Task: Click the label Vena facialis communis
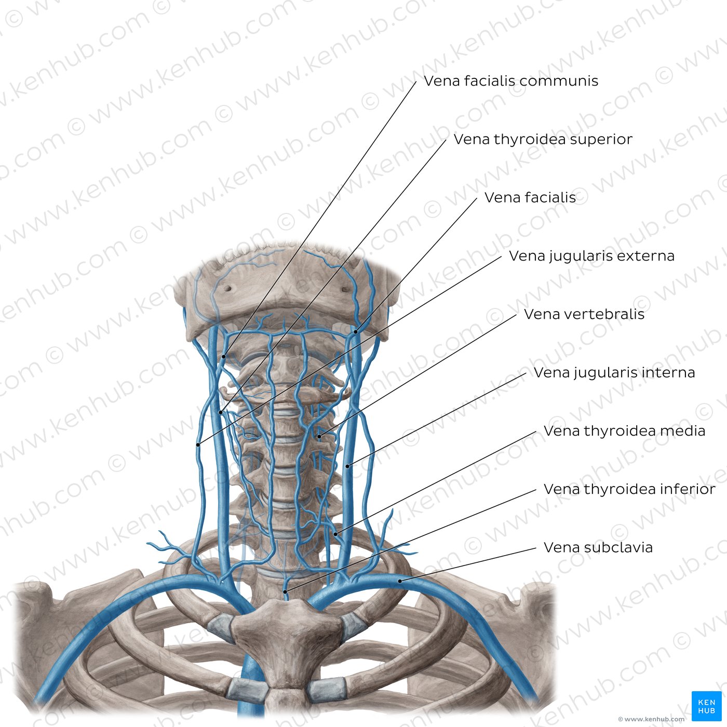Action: (x=511, y=81)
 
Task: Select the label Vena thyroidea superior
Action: (x=543, y=139)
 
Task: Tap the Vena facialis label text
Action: (x=530, y=197)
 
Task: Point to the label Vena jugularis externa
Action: (x=591, y=256)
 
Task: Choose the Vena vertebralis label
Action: (x=584, y=314)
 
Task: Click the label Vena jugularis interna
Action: (x=614, y=373)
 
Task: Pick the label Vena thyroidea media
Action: (x=624, y=431)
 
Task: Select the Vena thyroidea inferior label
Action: (x=629, y=489)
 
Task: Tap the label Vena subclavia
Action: (x=598, y=547)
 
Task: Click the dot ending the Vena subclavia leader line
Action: (x=400, y=581)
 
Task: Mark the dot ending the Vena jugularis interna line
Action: (x=348, y=466)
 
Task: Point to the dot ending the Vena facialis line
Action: (x=356, y=331)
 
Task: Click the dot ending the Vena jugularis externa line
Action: (x=198, y=445)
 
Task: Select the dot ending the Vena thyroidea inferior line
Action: (x=286, y=591)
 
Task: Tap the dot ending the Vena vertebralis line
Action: (x=319, y=437)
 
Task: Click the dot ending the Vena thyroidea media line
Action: (x=335, y=534)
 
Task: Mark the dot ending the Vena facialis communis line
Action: (x=224, y=356)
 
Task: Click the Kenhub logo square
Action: (x=707, y=706)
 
